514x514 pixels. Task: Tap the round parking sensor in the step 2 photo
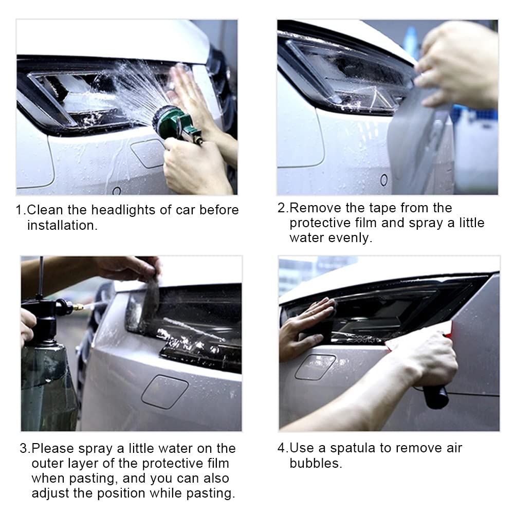coord(384,179)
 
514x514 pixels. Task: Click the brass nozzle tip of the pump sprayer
coord(78,307)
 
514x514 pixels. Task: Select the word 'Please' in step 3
coord(53,448)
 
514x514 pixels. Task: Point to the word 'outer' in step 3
coord(47,464)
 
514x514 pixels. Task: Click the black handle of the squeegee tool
coord(435,396)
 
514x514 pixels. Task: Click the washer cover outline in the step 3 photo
coord(165,392)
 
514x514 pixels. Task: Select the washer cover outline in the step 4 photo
coord(315,367)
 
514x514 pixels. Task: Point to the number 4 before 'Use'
coord(281,448)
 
